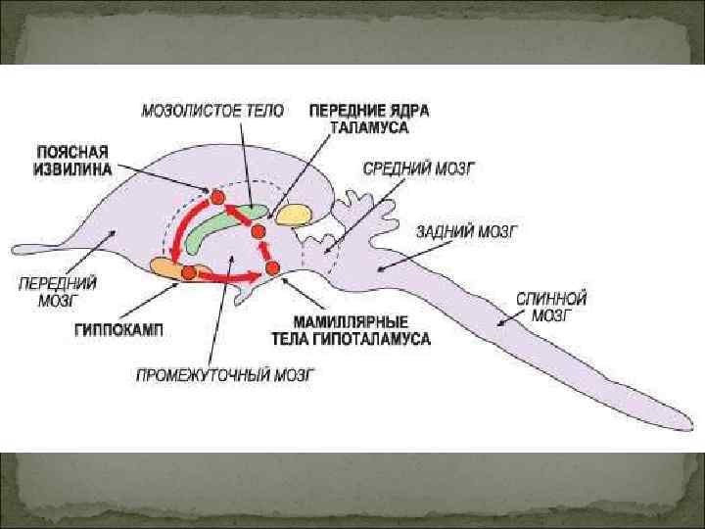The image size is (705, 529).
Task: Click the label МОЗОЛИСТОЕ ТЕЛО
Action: pyautogui.click(x=212, y=111)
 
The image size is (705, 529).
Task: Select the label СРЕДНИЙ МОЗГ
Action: pyautogui.click(x=418, y=168)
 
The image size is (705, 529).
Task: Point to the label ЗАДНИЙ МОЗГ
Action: pyautogui.click(x=466, y=232)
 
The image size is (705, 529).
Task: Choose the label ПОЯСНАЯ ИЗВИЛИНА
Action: pyautogui.click(x=73, y=160)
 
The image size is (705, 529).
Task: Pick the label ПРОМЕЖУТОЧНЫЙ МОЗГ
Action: pyautogui.click(x=223, y=374)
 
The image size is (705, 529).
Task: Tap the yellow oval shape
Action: pyautogui.click(x=293, y=214)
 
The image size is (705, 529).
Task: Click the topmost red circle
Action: pyautogui.click(x=218, y=197)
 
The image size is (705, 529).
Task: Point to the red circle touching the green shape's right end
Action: pyautogui.click(x=258, y=231)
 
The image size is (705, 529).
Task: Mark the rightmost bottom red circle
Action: pyautogui.click(x=271, y=267)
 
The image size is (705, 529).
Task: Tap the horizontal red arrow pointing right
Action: pyautogui.click(x=229, y=277)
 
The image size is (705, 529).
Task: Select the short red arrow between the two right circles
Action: pyautogui.click(x=265, y=250)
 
